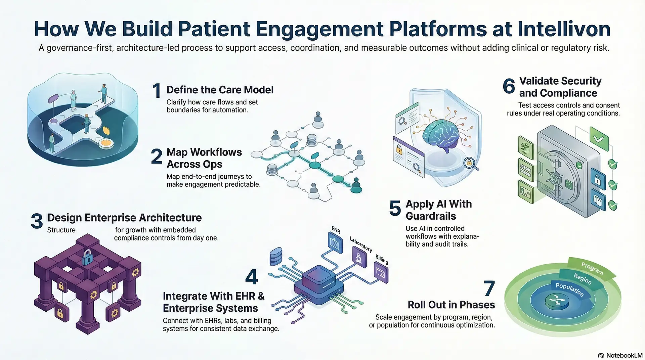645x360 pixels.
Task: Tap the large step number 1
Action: point(157,91)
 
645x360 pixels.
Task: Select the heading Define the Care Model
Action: point(220,90)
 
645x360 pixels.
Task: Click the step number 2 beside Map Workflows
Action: point(157,156)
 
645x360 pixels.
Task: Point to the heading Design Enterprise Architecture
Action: point(124,218)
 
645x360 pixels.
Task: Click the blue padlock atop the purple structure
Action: point(87,257)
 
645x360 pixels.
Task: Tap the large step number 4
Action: point(251,277)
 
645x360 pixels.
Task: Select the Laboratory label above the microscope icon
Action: point(361,244)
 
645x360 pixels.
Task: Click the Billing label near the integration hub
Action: point(382,259)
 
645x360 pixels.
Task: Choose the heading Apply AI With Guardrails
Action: point(438,210)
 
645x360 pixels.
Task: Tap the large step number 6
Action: point(509,86)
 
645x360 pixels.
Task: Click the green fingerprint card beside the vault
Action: point(526,148)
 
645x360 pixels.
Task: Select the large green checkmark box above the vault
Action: point(599,138)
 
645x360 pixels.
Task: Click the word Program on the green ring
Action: point(592,268)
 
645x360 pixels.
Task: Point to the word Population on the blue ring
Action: point(569,289)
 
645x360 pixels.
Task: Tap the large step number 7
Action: point(489,288)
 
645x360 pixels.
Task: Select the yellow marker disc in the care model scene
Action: point(105,143)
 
